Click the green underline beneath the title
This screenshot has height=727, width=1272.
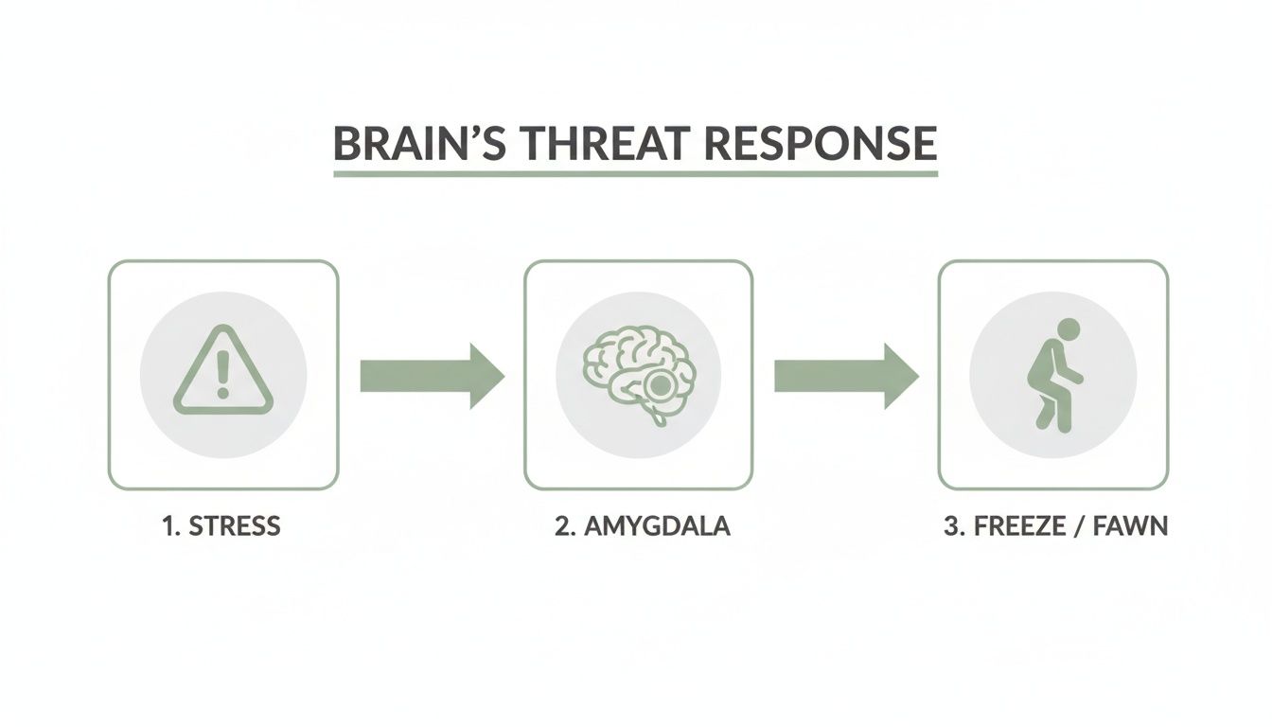635,174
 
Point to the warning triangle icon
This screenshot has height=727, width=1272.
223,372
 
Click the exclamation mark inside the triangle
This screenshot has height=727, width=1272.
223,373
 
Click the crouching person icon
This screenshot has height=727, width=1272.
1052,375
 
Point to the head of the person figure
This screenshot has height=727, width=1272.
1067,330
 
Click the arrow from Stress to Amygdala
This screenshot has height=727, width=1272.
431,376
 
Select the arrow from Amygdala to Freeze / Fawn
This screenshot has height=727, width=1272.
845,376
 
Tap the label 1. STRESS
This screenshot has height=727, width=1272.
221,526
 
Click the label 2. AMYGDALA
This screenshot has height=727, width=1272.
642,526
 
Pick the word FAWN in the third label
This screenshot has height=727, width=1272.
1131,526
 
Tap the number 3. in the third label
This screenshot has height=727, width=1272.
953,526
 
